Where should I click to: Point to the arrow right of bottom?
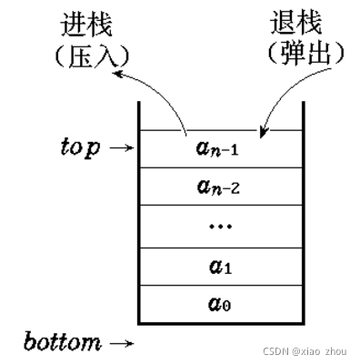[x=121, y=344]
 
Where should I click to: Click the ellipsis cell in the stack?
[x=219, y=225]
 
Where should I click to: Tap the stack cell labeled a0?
[x=219, y=305]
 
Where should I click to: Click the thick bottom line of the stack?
[x=219, y=323]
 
